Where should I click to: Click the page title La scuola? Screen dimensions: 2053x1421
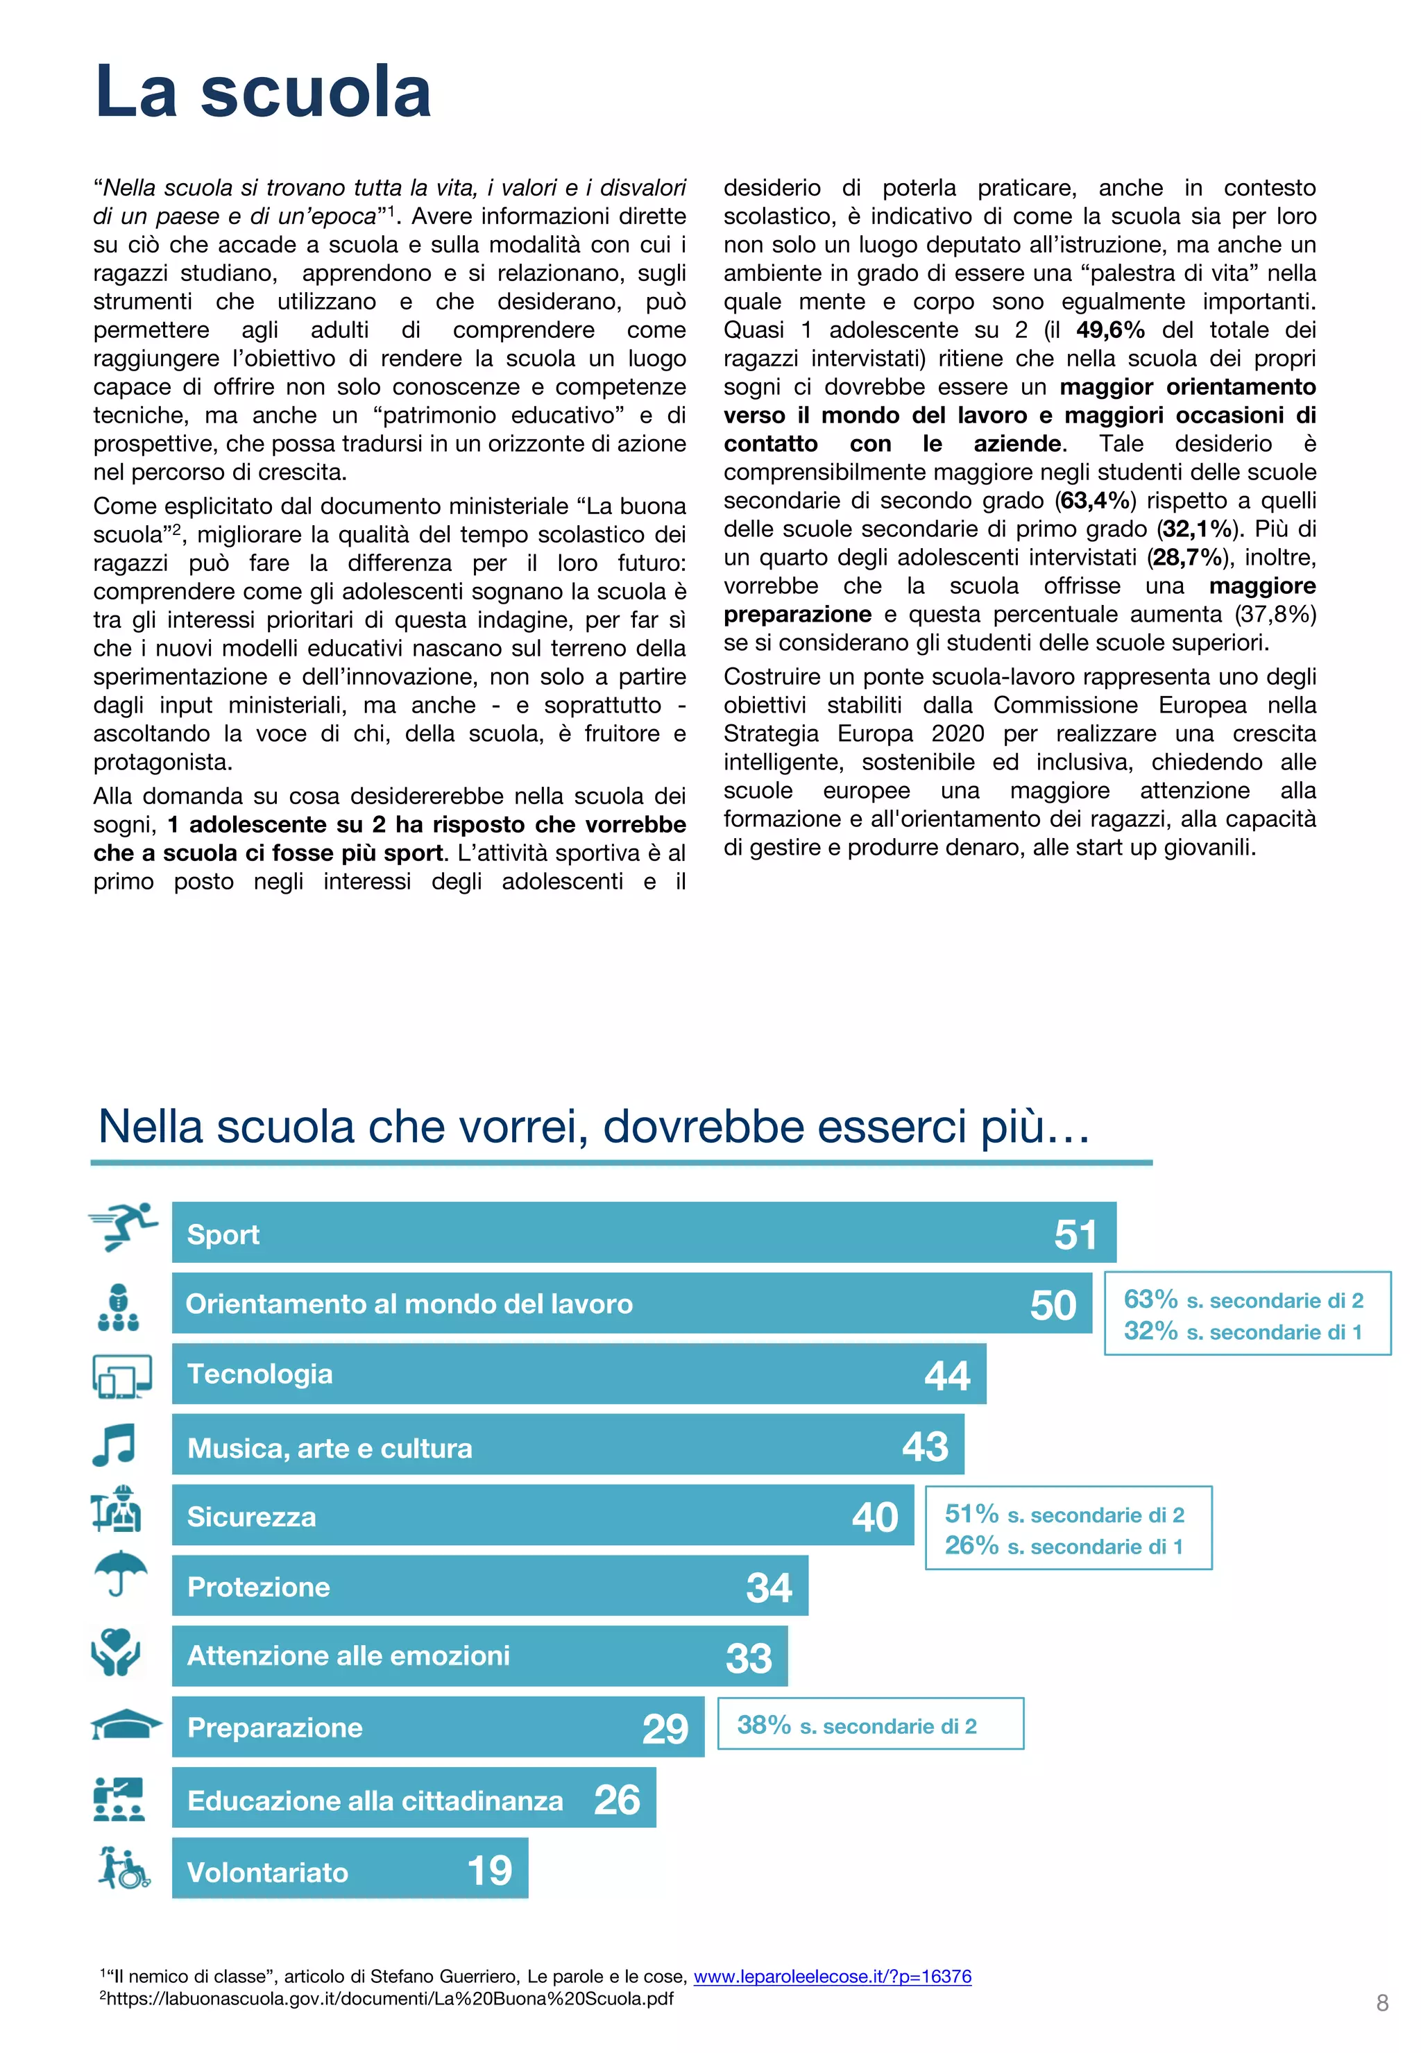[x=263, y=92]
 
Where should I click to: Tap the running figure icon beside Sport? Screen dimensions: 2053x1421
[x=124, y=1226]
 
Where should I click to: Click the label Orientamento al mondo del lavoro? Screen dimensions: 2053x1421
[x=409, y=1304]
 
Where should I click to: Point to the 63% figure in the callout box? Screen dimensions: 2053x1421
[x=1150, y=1299]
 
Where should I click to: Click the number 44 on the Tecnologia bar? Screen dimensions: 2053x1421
[x=946, y=1376]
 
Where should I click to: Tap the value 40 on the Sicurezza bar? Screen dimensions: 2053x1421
[x=874, y=1517]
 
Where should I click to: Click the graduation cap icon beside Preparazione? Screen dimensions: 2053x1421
[x=126, y=1725]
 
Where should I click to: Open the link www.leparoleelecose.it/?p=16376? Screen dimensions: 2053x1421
[x=832, y=1975]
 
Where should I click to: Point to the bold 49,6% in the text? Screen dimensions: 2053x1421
[x=1109, y=330]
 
